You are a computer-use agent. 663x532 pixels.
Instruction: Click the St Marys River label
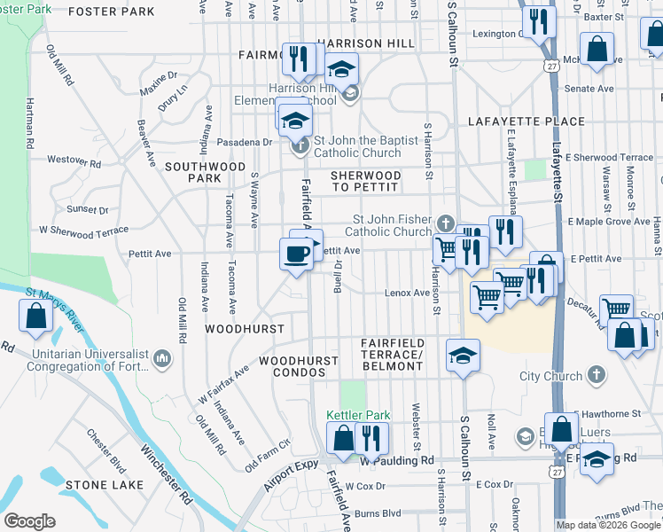coord(55,308)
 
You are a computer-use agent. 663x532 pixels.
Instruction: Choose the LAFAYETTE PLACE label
coord(533,121)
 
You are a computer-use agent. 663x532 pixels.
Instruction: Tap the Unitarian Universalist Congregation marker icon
coord(160,357)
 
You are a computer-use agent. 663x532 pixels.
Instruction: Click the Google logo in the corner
coord(29,521)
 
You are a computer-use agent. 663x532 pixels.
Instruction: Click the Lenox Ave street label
coord(407,293)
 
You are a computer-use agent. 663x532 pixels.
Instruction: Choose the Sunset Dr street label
coord(88,210)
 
